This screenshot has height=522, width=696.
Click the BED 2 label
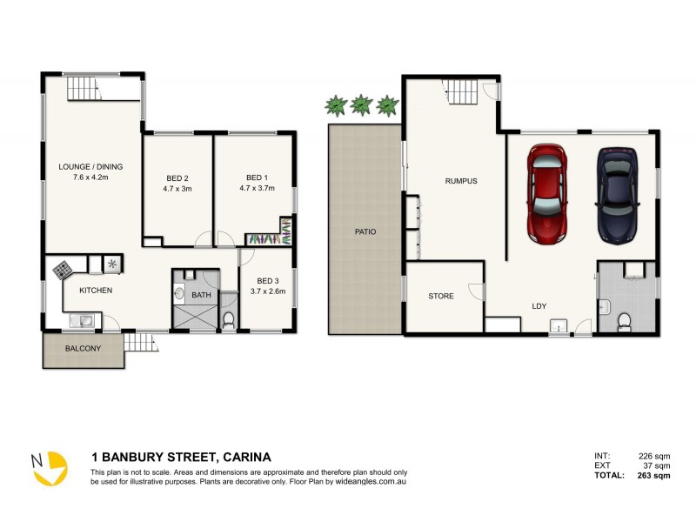click(177, 181)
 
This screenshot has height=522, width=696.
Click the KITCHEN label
click(96, 291)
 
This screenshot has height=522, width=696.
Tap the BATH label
click(201, 296)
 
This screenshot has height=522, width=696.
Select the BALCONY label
click(83, 349)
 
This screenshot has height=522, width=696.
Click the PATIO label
click(365, 232)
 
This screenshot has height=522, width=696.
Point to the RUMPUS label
click(460, 181)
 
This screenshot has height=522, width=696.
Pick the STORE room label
click(441, 296)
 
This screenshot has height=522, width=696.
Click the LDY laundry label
click(539, 305)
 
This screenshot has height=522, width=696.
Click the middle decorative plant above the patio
click(361, 106)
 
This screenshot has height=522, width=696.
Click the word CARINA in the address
click(247, 457)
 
